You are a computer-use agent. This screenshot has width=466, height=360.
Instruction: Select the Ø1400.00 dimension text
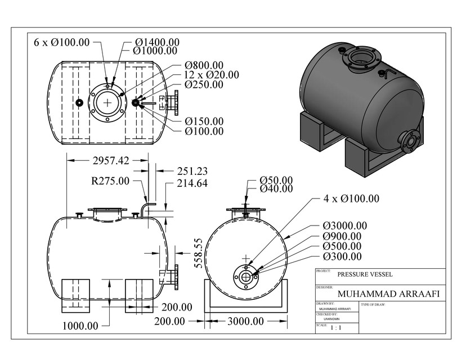coord(157,42)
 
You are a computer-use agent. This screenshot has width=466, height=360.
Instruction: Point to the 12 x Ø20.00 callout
coord(211,75)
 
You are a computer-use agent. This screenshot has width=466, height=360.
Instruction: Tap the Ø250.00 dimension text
coord(204,85)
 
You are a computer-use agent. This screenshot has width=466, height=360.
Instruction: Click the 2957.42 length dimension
coord(110,161)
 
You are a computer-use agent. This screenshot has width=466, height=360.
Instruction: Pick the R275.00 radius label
coord(110,181)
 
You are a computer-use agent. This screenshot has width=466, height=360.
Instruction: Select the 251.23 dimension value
coord(192,171)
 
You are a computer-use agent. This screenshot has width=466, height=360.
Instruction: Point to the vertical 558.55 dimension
coord(198,254)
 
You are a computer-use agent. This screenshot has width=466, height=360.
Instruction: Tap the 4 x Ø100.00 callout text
coord(351,199)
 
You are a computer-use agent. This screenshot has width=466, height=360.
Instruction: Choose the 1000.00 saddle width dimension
coord(80,326)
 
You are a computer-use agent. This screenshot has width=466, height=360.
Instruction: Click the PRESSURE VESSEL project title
coord(365,275)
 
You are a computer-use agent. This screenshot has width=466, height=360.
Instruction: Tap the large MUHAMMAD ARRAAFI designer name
coord(388,294)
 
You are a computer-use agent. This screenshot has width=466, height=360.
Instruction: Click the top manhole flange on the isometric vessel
coord(361,58)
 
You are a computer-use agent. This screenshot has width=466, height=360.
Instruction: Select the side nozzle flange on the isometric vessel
coord(410,141)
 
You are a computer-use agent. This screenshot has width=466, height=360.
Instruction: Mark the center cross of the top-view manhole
coord(107,102)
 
